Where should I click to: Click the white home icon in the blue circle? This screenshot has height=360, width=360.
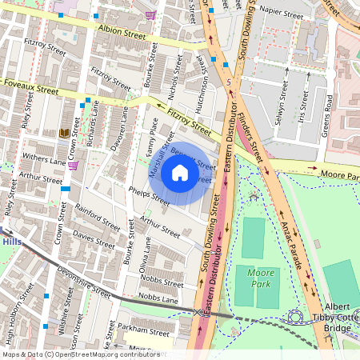click(x=180, y=173)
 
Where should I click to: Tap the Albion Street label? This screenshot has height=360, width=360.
click(x=122, y=33)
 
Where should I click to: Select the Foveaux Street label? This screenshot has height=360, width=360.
click(x=32, y=87)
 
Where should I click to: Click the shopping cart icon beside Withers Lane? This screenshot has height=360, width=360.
click(x=74, y=166)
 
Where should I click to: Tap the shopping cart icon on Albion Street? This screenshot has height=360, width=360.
click(x=150, y=15)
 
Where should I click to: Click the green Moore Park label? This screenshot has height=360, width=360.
click(x=260, y=278)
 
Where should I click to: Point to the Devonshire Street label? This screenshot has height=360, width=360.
click(x=85, y=282)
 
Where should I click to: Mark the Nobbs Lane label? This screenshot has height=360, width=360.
click(x=158, y=298)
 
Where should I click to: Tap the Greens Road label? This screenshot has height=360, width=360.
click(x=327, y=117)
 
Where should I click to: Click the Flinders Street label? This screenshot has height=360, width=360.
click(x=254, y=128)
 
